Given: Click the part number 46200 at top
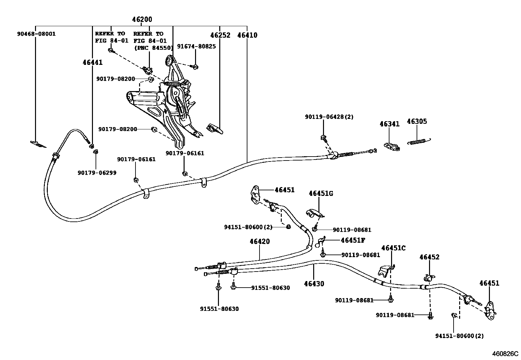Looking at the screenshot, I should pos(142,20).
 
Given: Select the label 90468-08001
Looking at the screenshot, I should pos(36,34).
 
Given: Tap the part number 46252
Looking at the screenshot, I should pos(220,35).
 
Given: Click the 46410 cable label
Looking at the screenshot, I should pos(247,35).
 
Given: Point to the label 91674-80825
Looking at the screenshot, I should pos(196,47).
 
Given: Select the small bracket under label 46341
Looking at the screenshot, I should pos(391,146).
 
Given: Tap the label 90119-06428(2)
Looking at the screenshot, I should pos(329,117).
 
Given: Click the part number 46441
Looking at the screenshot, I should pos(92,62).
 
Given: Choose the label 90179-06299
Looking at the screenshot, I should pos(97,173).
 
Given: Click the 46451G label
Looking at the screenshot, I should pos(321,194).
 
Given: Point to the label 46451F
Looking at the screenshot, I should pos(352,240).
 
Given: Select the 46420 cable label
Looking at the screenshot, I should pos(260,242).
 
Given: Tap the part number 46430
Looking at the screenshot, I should pos(314,284).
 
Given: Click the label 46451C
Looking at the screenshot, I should pos(393,248).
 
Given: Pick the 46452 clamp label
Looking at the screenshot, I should pos(429,257).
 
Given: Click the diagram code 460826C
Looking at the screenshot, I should pos(506,354).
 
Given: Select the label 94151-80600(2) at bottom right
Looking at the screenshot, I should pos(459,336).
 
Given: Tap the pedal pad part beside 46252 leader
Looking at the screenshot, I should pos(215,129).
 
